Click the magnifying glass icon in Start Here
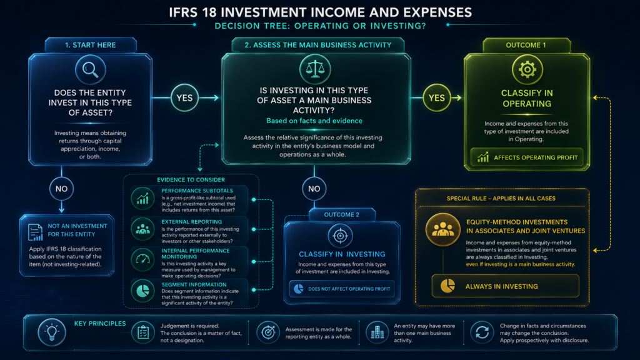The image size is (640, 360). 90,70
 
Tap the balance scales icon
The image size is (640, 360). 315,69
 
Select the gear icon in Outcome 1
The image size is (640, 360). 527,70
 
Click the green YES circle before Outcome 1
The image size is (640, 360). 437,98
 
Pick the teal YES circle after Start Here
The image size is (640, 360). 184,98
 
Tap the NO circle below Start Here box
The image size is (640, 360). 62,189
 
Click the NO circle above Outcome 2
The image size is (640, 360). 314,189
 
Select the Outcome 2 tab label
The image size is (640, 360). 342,215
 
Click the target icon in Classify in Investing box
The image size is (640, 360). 340,236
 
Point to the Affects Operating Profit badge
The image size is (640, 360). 527,157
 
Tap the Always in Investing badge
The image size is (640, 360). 505,286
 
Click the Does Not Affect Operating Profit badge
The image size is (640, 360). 342,289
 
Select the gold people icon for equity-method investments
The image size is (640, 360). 443,229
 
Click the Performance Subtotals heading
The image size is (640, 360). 197,191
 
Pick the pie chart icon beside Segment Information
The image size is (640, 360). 143,291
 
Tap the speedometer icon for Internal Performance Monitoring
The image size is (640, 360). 143,259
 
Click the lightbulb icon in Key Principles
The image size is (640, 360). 52,332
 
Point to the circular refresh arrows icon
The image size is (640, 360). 482,332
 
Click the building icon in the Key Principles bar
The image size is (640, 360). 377,332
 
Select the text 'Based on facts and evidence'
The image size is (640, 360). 314,121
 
